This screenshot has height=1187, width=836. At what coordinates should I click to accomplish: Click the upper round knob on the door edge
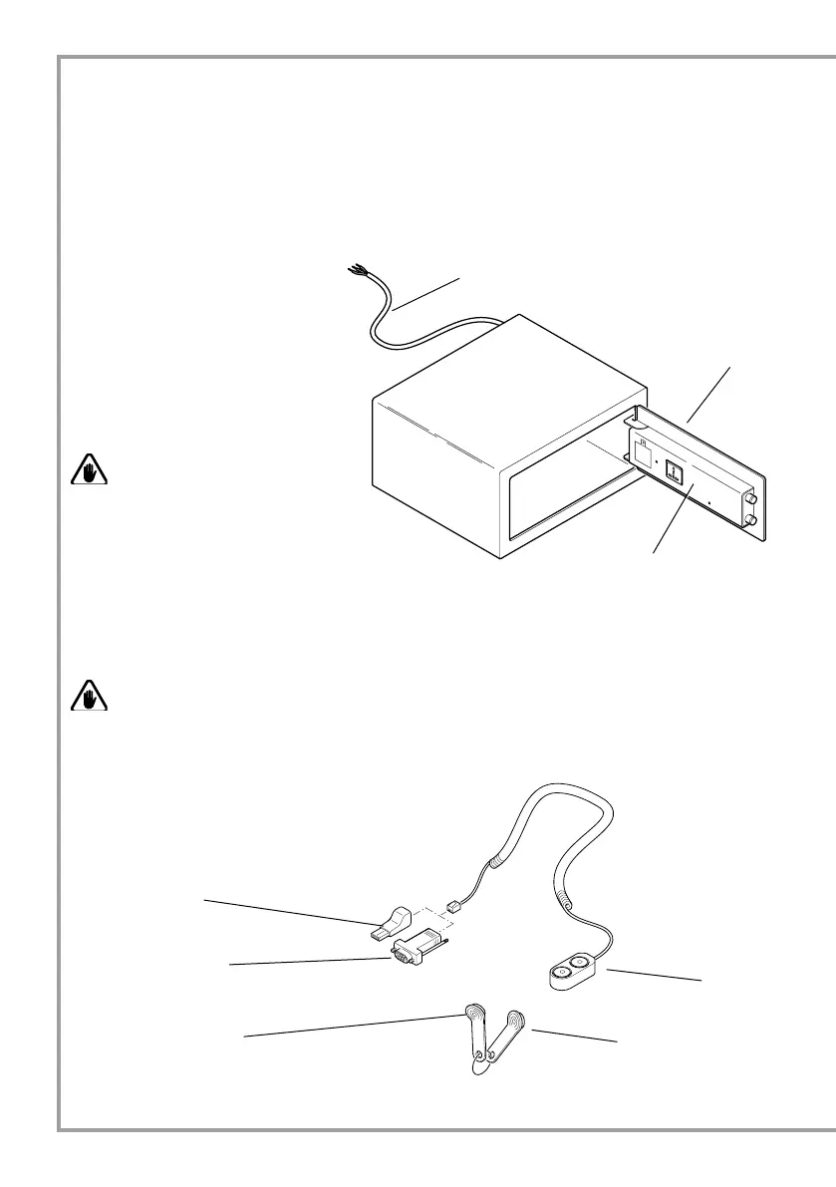[750, 490]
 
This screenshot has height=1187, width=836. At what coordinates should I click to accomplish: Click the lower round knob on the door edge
[750, 520]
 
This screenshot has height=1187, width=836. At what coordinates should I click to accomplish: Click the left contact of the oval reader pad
[562, 972]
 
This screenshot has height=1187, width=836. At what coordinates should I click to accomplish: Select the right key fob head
[515, 1021]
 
